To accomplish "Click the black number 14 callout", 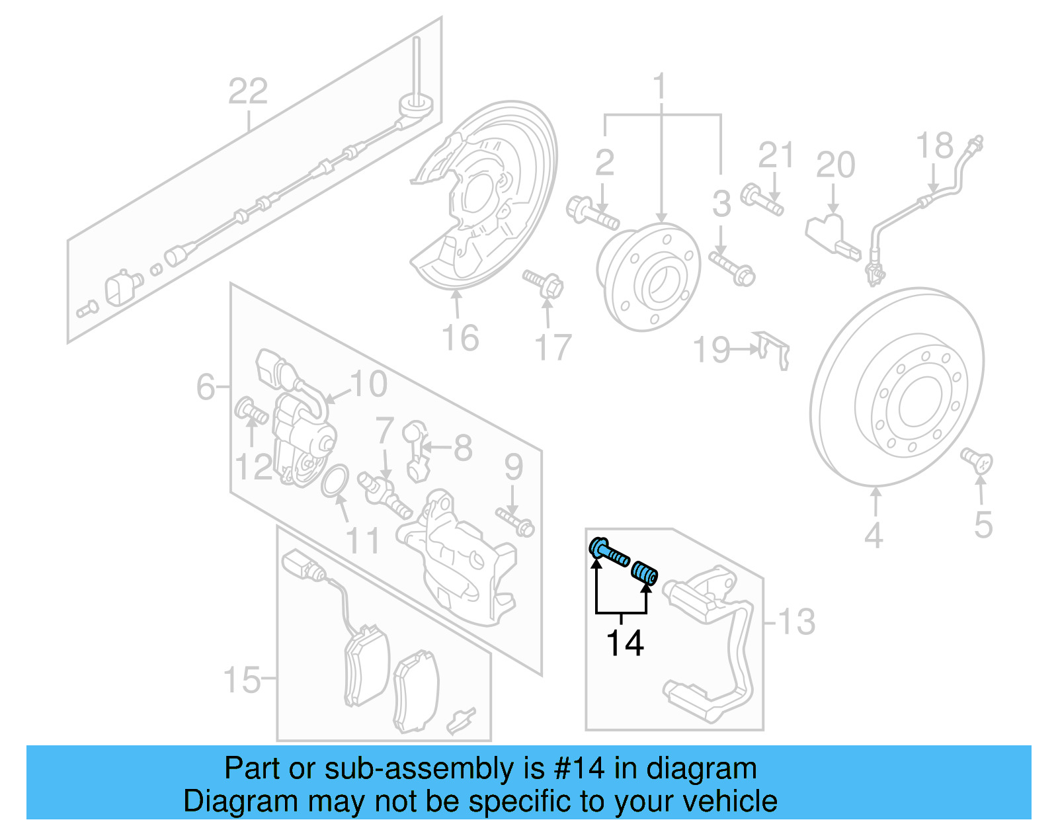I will pos(625,643).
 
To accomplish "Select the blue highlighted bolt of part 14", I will pos(608,552).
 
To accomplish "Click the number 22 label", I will pos(248,91).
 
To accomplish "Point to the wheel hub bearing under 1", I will pos(648,276).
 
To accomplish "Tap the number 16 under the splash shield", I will pos(460,338).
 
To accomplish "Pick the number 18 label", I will pos(934,146).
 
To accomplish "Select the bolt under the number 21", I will pos(762,199).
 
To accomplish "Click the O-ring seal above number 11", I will pos(335,480).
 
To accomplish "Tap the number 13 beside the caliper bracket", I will pos(796,622).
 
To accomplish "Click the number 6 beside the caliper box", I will pos(206,386).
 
